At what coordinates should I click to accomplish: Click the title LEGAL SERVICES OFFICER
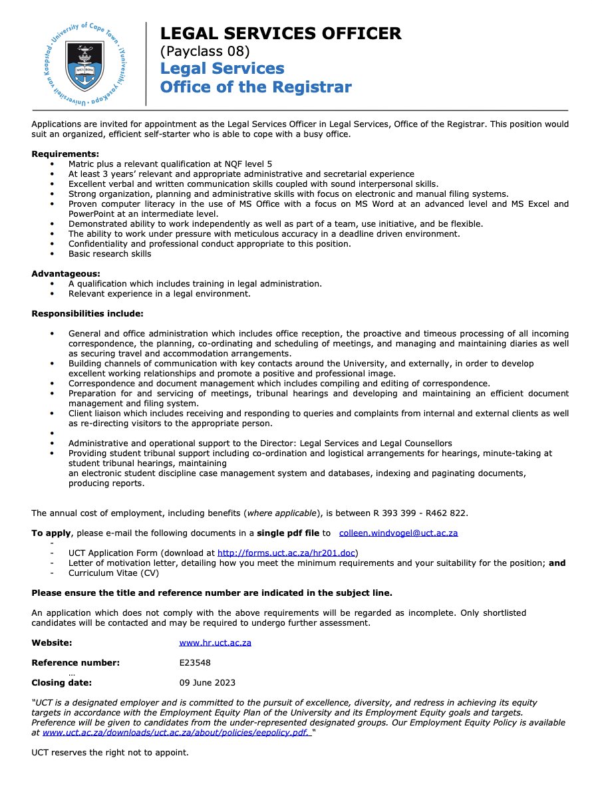[281, 33]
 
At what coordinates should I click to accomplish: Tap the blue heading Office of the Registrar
[255, 86]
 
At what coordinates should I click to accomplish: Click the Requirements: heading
[65, 154]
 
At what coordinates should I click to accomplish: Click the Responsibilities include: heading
[87, 313]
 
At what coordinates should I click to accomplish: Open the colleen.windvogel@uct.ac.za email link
[398, 533]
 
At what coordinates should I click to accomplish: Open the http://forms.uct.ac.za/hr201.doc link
[288, 553]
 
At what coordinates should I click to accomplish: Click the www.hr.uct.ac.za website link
[215, 642]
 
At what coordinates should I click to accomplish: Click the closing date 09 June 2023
[207, 682]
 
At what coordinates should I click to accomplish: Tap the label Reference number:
[76, 662]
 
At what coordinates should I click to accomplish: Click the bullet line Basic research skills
[110, 253]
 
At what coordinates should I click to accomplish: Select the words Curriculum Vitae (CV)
[110, 573]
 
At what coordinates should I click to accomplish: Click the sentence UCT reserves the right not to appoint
[110, 753]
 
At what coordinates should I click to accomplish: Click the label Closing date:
[62, 682]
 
